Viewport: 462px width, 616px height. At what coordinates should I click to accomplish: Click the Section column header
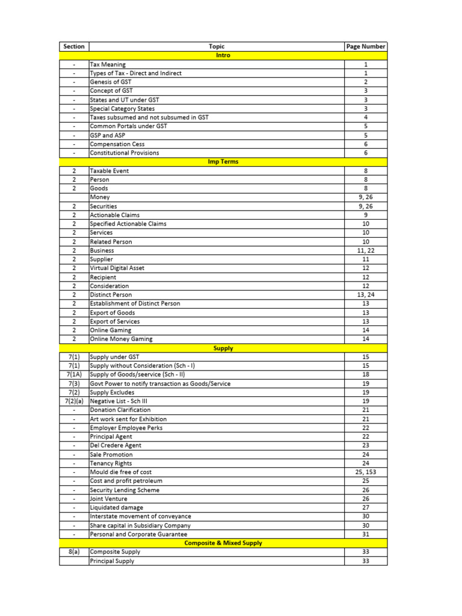click(73, 46)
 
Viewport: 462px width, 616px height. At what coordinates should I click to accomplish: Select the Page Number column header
click(365, 46)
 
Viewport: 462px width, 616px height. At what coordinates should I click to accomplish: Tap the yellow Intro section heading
click(223, 55)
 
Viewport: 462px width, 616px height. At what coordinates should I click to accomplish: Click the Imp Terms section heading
click(223, 162)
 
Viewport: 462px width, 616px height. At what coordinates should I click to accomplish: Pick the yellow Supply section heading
click(223, 348)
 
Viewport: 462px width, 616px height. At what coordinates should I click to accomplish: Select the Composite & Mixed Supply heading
click(223, 543)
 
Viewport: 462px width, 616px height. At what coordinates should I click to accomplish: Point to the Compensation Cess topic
click(117, 144)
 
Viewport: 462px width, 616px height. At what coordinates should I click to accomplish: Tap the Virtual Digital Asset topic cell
click(117, 268)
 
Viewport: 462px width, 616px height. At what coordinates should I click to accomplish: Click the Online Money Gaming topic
click(121, 339)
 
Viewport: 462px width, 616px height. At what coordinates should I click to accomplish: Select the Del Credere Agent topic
click(115, 446)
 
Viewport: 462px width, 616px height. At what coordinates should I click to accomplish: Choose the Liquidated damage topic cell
click(116, 508)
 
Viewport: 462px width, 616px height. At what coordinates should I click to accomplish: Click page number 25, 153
click(365, 472)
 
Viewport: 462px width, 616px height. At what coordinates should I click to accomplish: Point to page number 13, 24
click(365, 295)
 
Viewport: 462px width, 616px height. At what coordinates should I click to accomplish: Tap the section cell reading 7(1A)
click(73, 375)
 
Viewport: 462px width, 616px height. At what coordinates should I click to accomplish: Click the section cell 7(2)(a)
click(73, 401)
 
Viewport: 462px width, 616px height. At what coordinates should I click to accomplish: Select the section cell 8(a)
click(73, 552)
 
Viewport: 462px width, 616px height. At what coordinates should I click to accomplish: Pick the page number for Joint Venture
click(365, 499)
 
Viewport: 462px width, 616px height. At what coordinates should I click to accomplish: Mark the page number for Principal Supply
click(365, 561)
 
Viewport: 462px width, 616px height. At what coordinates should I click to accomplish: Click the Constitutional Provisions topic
click(124, 153)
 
